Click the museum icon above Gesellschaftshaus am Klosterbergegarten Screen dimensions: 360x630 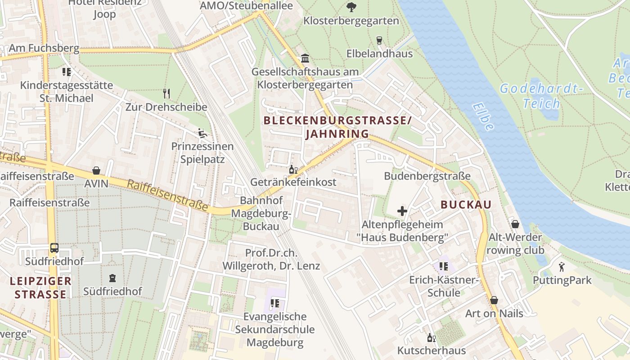coord(305,58)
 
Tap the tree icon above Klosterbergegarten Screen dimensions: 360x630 coord(351,7)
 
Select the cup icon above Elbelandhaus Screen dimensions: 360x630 coord(379,40)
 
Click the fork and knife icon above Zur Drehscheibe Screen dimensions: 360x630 coord(166,94)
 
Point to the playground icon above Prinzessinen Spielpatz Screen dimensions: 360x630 coord(202,133)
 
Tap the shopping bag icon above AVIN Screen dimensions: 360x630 coord(96,171)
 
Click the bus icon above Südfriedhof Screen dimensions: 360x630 coord(54,248)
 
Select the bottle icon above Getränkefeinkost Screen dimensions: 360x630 coord(293,170)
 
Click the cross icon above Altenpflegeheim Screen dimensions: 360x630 coord(402,211)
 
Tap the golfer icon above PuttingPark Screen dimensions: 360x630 coord(562,267)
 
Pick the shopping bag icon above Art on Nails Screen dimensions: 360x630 coord(494,300)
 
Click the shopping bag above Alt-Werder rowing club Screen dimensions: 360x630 coord(515,224)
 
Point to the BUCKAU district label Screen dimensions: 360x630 coord(466,205)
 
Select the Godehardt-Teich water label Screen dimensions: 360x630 coord(542,96)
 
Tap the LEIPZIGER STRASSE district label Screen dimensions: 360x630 coord(41,288)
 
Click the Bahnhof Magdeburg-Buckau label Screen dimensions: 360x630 coord(261,213)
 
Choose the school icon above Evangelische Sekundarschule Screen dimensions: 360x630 coord(275,304)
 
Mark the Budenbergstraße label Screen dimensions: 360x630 coord(427,176)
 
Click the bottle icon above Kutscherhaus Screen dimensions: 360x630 coord(431,337)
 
